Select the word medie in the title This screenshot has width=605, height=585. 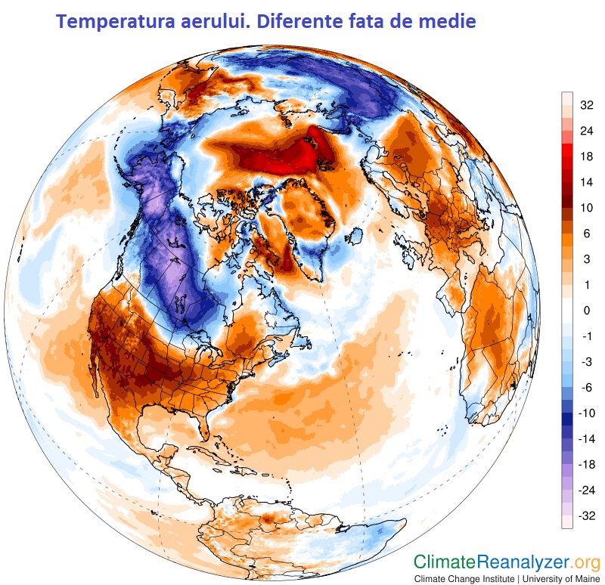tap(447, 22)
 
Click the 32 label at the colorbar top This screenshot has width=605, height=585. tap(586, 106)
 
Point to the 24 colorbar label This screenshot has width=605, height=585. tap(586, 132)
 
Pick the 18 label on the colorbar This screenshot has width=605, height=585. tap(586, 157)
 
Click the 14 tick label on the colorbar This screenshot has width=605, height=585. tap(586, 183)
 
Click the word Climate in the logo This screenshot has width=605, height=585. tap(445, 562)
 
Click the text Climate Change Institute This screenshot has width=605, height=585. tap(465, 578)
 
